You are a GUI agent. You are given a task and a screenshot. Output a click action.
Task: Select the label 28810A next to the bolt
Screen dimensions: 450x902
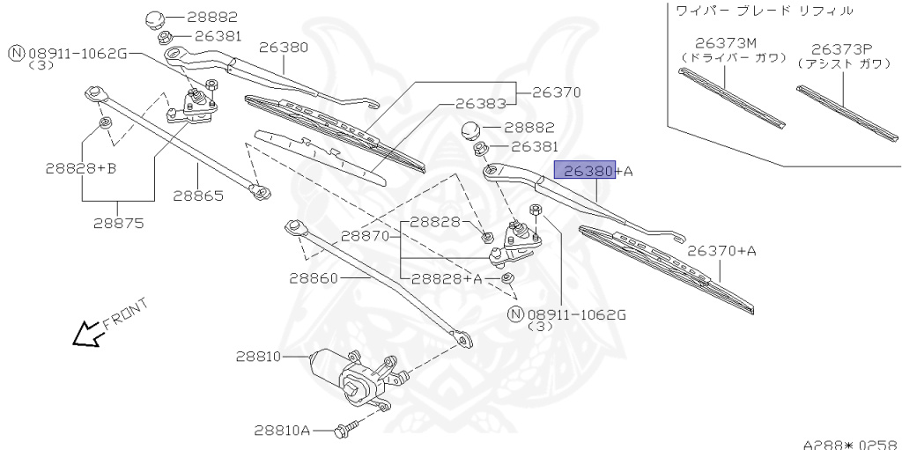(282, 431)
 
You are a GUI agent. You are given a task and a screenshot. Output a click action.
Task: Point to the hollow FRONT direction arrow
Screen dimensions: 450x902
(85, 335)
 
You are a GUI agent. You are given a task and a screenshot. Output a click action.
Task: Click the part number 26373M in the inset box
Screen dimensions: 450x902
(726, 42)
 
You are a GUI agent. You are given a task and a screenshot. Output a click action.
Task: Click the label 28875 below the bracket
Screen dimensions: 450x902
(118, 223)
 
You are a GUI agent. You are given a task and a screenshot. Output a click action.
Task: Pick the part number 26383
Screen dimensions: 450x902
(480, 103)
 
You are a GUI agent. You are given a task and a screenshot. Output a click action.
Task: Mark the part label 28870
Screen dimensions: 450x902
(366, 236)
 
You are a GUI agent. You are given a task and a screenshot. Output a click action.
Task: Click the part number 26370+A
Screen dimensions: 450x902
(721, 251)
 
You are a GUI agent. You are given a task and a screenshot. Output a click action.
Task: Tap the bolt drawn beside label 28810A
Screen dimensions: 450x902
(344, 431)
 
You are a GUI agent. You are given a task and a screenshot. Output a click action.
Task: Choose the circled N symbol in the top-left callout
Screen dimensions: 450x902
(16, 54)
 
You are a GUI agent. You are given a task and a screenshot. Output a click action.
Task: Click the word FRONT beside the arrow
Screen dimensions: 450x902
(125, 313)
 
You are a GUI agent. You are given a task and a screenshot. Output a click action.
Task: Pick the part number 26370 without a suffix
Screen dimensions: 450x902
(557, 91)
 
